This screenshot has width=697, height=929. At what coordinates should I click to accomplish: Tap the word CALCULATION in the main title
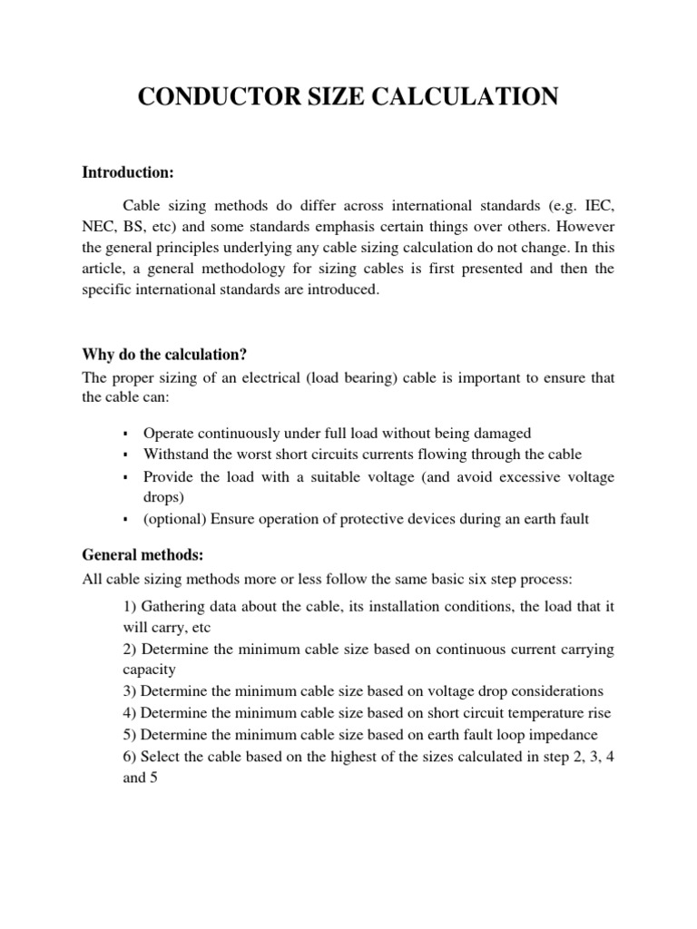click(x=479, y=97)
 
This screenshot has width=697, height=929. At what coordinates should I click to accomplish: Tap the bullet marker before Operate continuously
click(x=125, y=435)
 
